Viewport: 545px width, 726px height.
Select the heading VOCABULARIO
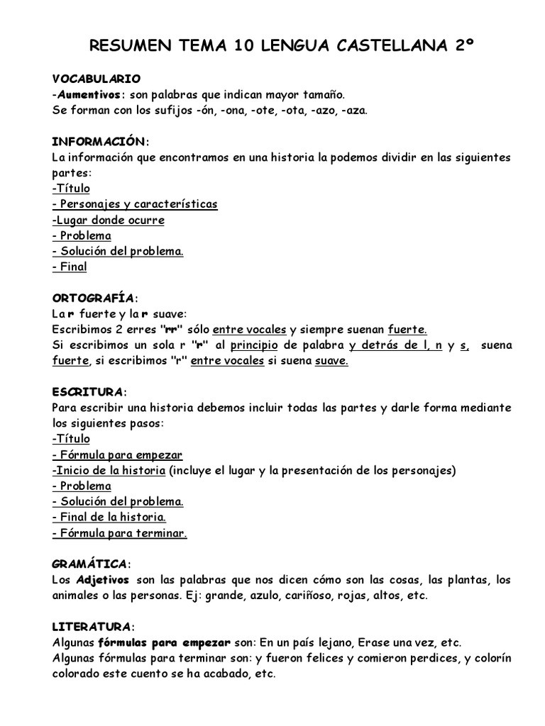point(97,78)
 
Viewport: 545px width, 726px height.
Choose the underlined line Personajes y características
point(135,204)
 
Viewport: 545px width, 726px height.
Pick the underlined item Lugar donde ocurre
point(109,220)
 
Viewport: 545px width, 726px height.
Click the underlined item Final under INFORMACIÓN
point(70,267)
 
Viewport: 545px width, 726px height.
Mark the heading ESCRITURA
point(89,392)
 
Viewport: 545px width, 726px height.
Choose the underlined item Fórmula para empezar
point(118,455)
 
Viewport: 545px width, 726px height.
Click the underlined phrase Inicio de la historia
point(109,471)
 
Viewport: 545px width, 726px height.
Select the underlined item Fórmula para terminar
point(120,533)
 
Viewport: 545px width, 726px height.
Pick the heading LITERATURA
point(92,627)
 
